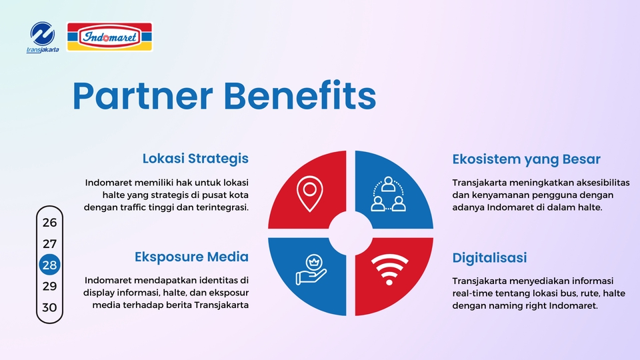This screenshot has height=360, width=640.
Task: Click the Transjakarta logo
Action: coord(43,37)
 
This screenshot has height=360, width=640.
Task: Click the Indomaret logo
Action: coord(109,37)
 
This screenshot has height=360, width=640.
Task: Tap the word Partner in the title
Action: coord(143,96)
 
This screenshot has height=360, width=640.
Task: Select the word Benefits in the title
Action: coord(299,95)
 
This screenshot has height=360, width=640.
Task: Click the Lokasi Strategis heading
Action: coord(195,159)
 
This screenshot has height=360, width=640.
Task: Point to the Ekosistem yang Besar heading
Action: coord(526,159)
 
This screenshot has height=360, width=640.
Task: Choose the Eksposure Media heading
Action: coord(191,257)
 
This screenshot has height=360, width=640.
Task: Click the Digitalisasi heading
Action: coord(489,258)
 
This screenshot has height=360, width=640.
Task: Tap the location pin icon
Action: coord(310,194)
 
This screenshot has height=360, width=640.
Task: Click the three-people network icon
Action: coord(388,194)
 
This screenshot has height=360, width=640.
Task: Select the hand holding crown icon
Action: coord(311,269)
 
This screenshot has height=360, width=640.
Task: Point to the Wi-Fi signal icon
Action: coord(389,269)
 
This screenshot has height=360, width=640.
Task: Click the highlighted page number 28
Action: coord(50,265)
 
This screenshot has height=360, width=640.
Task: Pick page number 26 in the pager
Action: coord(50,223)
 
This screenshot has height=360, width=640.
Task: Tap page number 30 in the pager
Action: coord(50,307)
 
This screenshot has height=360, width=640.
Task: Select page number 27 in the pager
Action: coord(50,244)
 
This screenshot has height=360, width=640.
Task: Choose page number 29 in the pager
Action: coord(50,286)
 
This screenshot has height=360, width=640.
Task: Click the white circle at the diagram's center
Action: coord(351,233)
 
